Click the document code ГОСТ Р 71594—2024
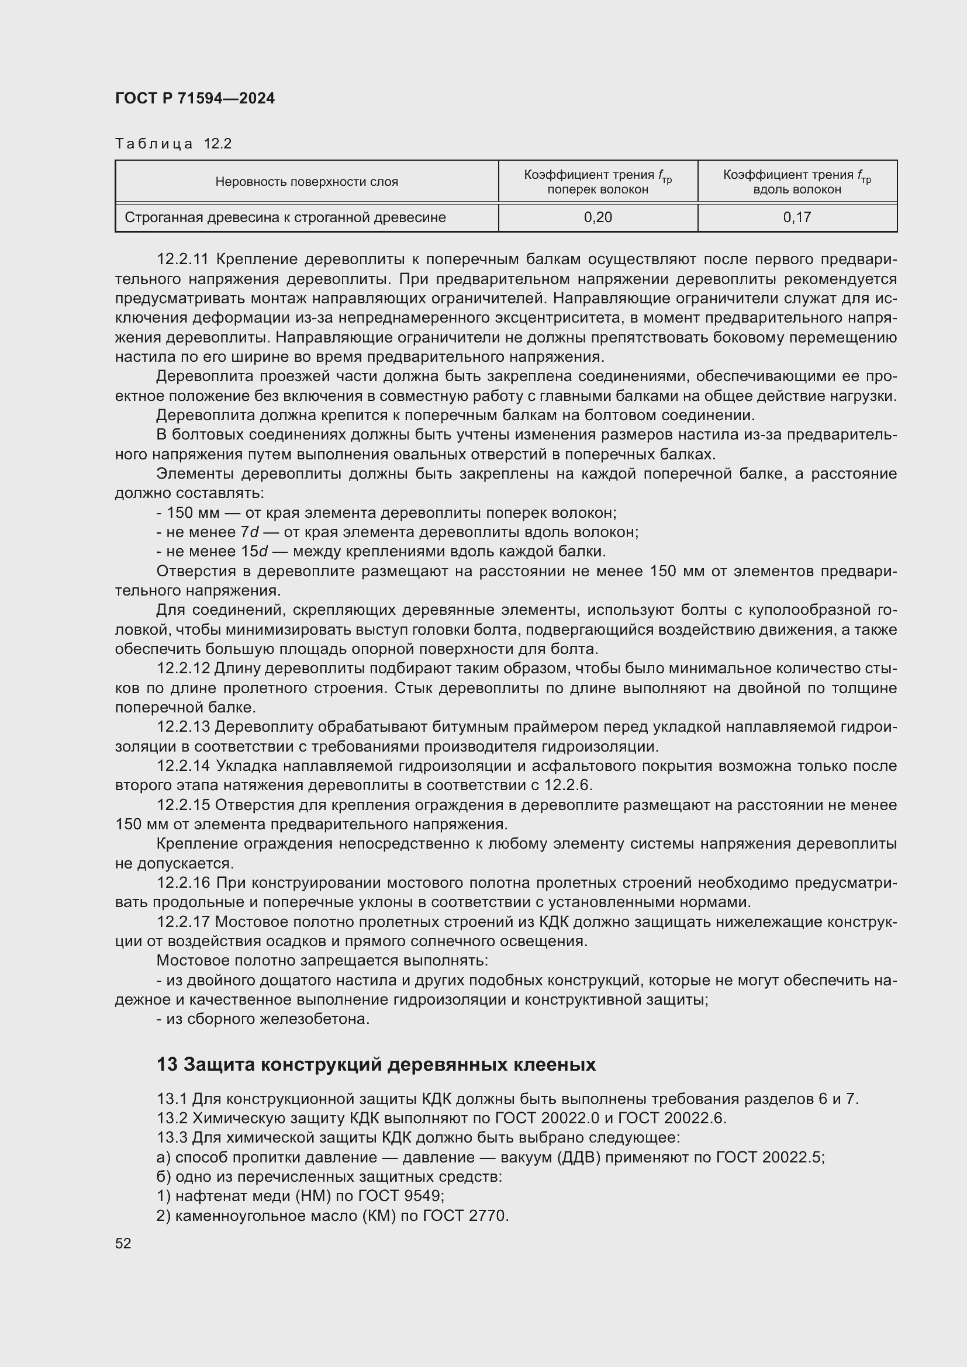pos(195,98)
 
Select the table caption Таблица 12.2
pos(173,144)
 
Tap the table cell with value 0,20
pos(598,217)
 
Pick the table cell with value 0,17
pos(797,217)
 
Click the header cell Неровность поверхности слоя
pos(307,182)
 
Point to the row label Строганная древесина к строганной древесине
pos(285,217)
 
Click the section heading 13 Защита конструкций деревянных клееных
pos(376,1064)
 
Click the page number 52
pos(123,1244)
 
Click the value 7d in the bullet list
pos(250,532)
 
